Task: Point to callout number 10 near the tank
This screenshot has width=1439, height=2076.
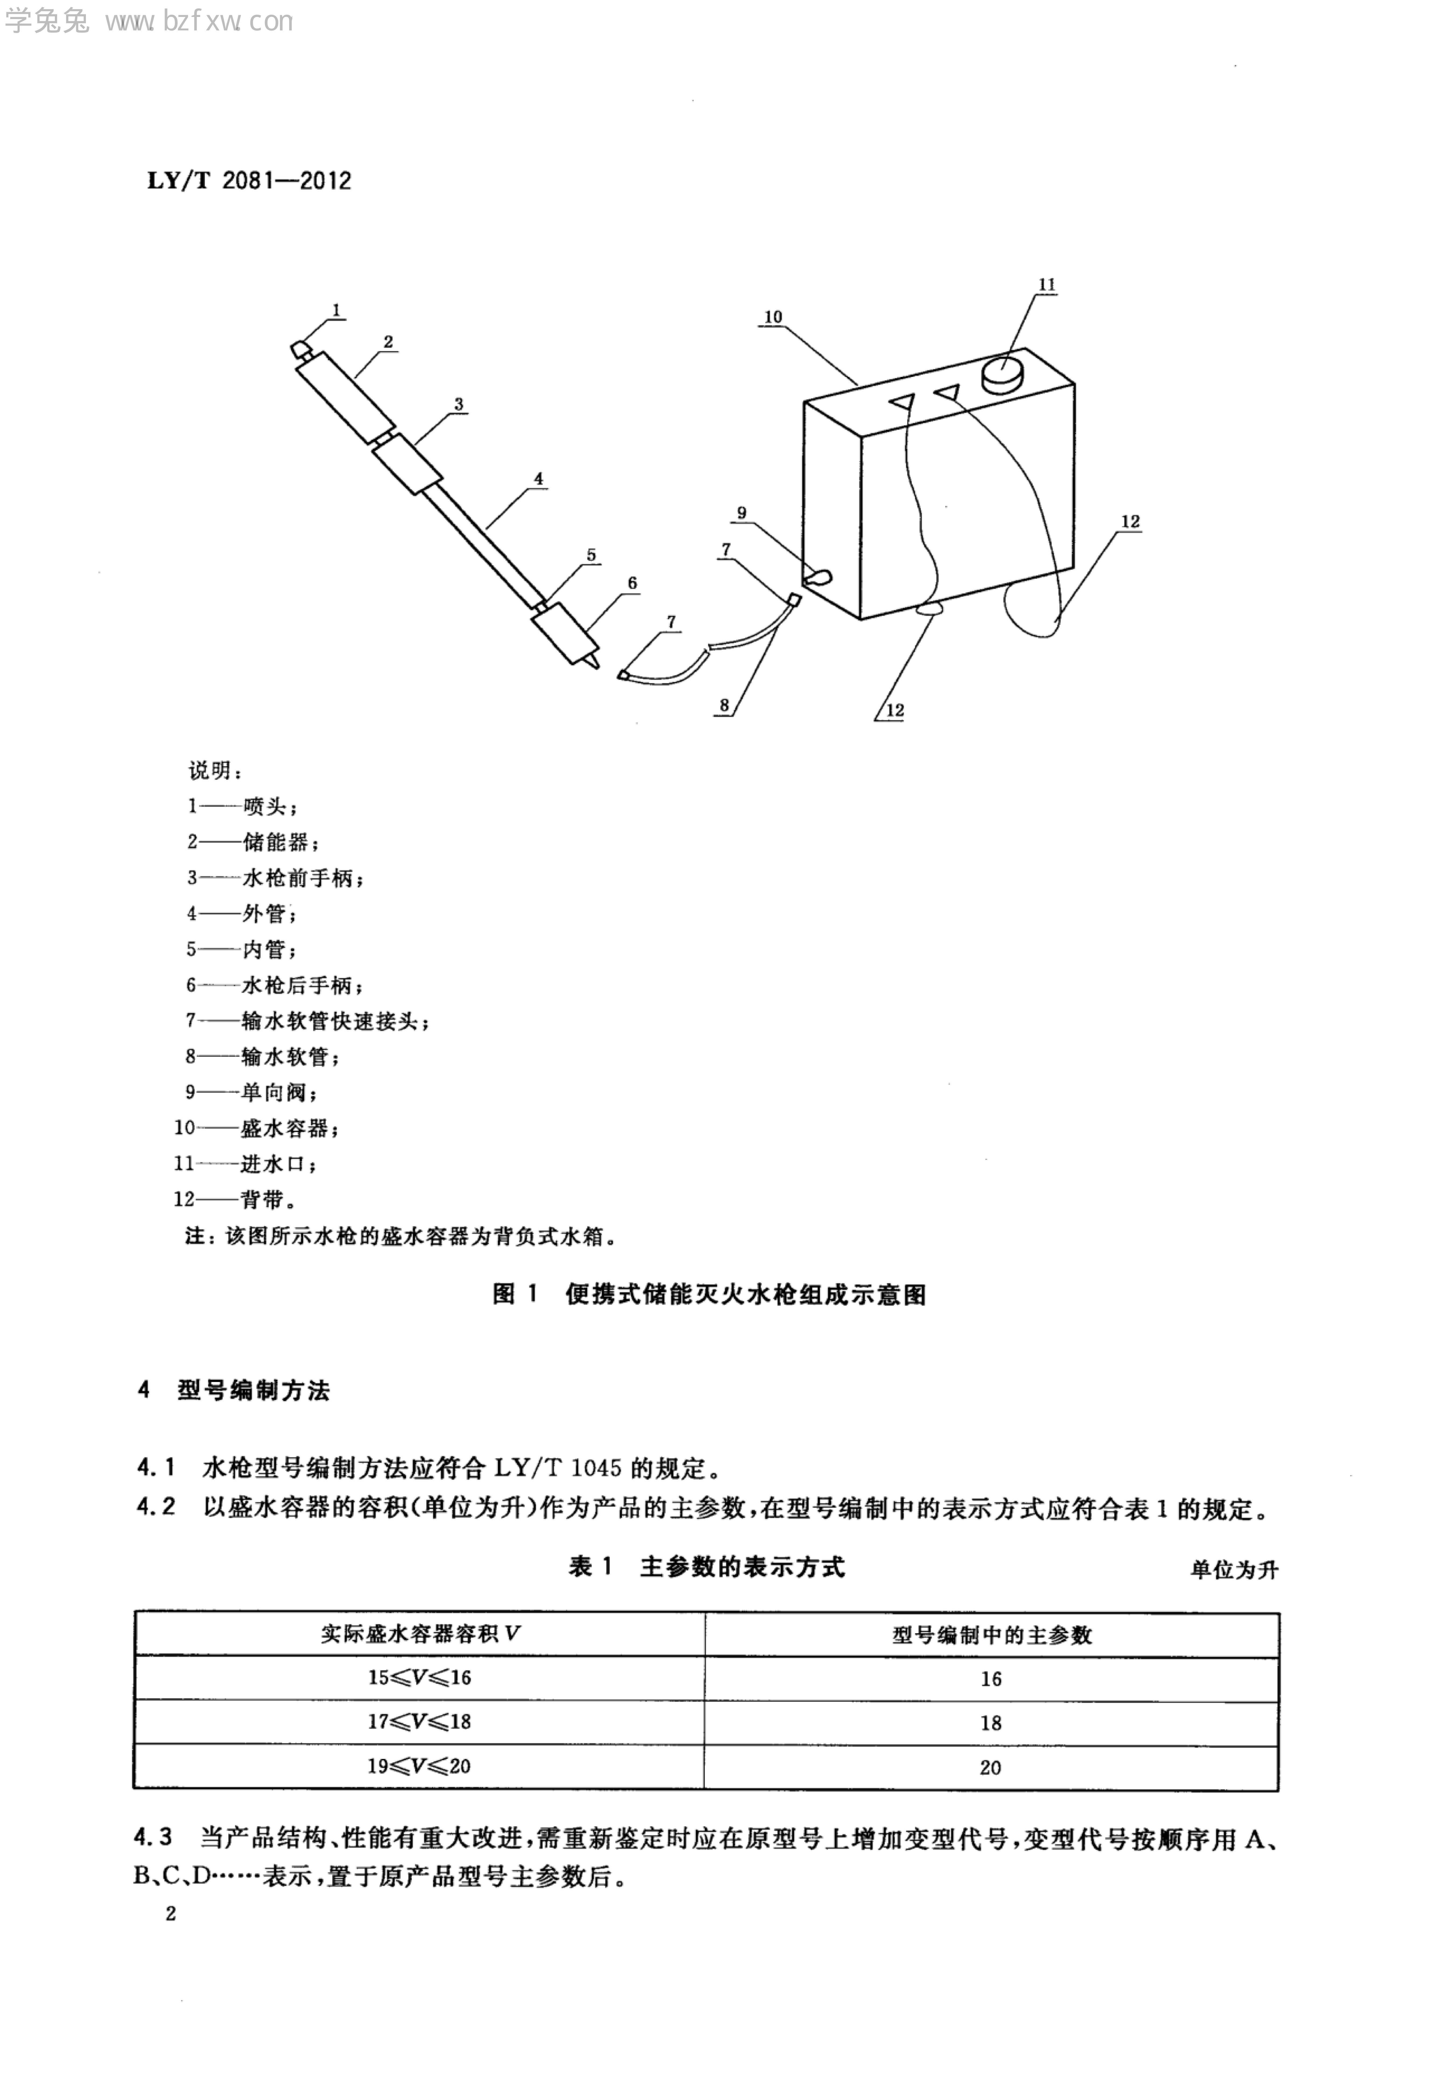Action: (x=773, y=317)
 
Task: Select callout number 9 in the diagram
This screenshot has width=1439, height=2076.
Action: (x=741, y=513)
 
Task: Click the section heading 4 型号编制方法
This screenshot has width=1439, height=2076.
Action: (x=234, y=1391)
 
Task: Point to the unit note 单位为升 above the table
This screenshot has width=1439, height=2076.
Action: (x=1233, y=1570)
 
